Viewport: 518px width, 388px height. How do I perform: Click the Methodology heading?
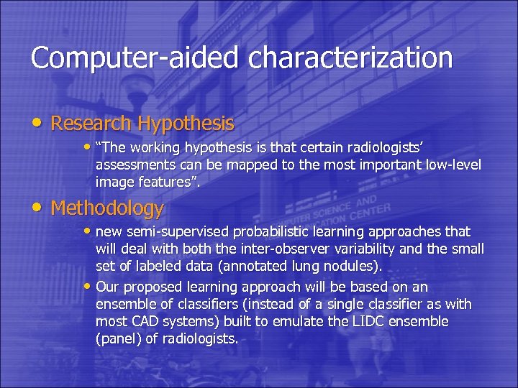pos(108,208)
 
